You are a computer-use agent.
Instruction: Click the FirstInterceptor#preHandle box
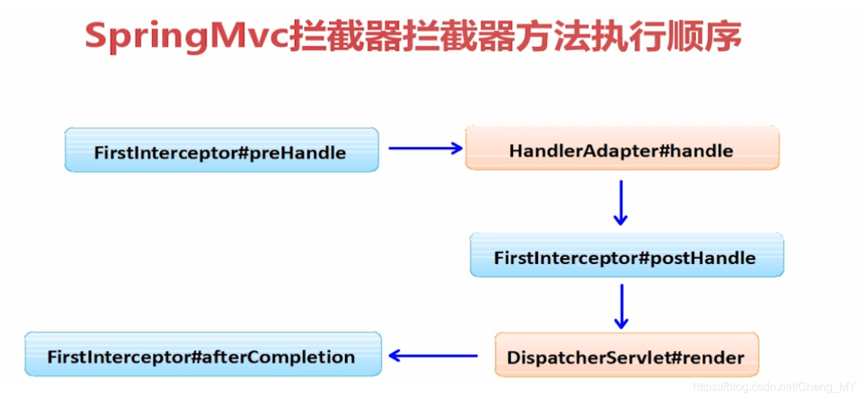pyautogui.click(x=221, y=150)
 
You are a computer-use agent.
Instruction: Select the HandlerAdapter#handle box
pyautogui.click(x=621, y=148)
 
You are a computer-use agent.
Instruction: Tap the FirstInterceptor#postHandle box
pyautogui.click(x=626, y=255)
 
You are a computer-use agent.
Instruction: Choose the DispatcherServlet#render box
pyautogui.click(x=626, y=355)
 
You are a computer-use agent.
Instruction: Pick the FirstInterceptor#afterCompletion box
pyautogui.click(x=203, y=354)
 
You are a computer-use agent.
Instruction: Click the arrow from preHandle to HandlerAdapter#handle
pyautogui.click(x=425, y=148)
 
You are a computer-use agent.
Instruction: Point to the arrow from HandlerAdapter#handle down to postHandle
pyautogui.click(x=620, y=203)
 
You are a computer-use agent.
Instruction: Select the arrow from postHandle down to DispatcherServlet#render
pyautogui.click(x=620, y=307)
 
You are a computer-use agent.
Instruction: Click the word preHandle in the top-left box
pyautogui.click(x=300, y=153)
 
